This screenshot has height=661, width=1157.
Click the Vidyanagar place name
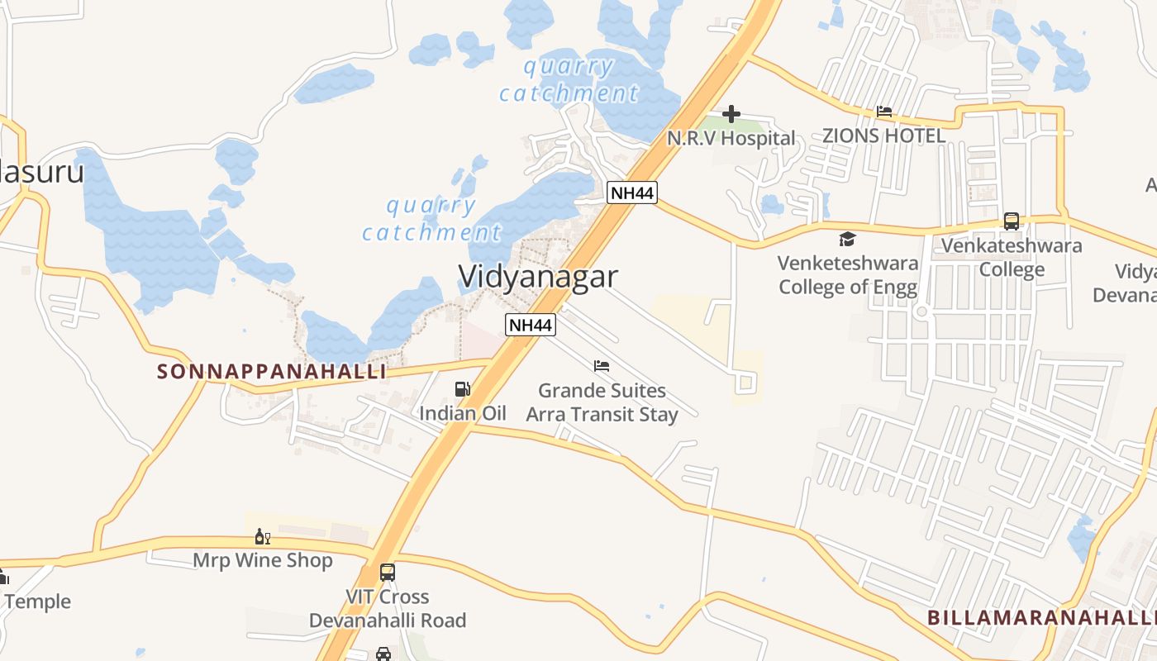point(538,276)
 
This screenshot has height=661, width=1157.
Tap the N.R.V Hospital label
point(731,138)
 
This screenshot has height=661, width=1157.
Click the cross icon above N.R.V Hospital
point(731,114)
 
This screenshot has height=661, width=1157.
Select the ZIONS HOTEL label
point(883,136)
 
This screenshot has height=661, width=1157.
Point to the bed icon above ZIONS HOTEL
point(883,112)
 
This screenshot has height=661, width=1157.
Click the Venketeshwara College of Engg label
point(848,275)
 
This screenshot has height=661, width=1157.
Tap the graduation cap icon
point(847,240)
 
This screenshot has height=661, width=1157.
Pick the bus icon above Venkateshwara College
point(1012,221)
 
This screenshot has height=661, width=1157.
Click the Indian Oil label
point(463,413)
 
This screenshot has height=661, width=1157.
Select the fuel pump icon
point(462,389)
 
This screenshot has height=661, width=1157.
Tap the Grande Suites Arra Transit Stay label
point(602,402)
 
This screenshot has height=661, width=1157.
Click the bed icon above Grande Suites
point(602,366)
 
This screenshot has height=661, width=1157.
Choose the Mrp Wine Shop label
point(263,560)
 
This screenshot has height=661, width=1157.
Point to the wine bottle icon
point(263,537)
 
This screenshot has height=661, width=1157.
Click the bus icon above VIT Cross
point(387,572)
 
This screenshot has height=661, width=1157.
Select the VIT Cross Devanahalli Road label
point(388,608)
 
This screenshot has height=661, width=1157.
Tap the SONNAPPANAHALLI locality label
point(272,372)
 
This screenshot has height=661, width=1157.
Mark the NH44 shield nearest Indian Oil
point(531,325)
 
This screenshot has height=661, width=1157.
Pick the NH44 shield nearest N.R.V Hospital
point(631,193)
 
